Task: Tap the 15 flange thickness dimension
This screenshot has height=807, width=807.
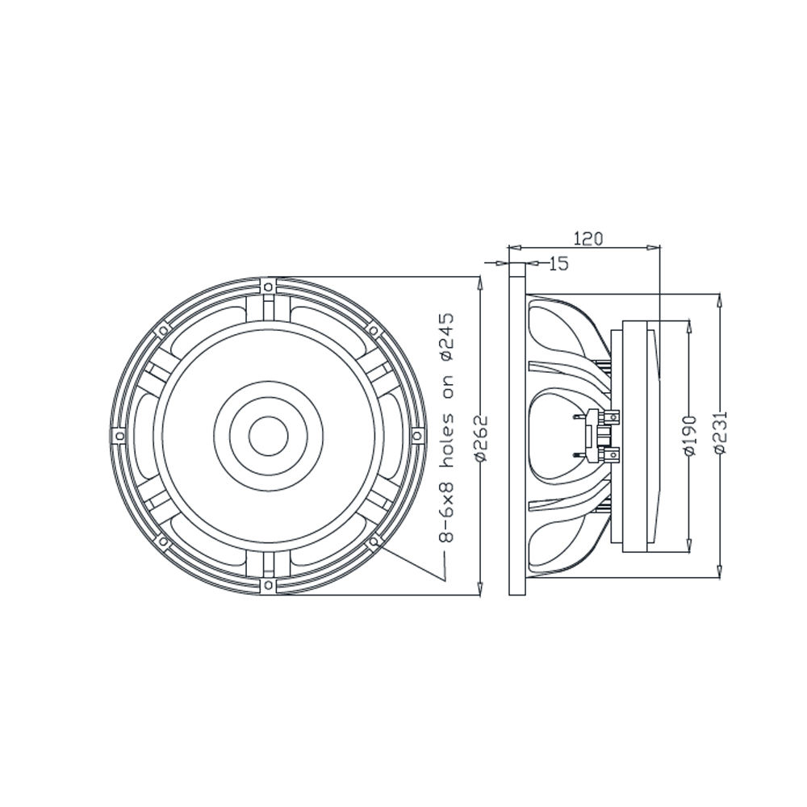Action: click(558, 264)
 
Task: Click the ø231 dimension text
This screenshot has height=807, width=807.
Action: click(721, 432)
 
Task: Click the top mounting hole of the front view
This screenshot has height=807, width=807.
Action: click(268, 286)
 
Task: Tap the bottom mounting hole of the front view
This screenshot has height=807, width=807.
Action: click(268, 584)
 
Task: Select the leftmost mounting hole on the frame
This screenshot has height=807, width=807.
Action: click(120, 436)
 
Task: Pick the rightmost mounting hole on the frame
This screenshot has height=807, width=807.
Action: click(417, 436)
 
